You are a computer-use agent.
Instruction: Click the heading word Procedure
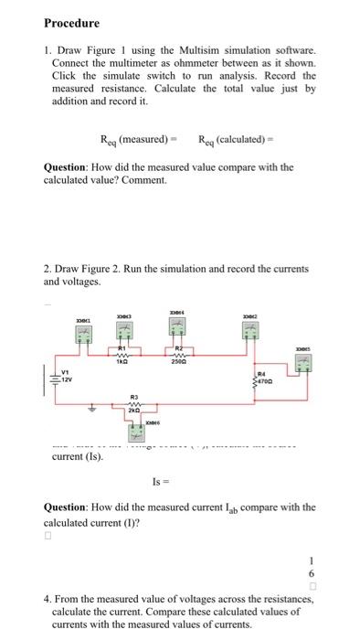point(71,23)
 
